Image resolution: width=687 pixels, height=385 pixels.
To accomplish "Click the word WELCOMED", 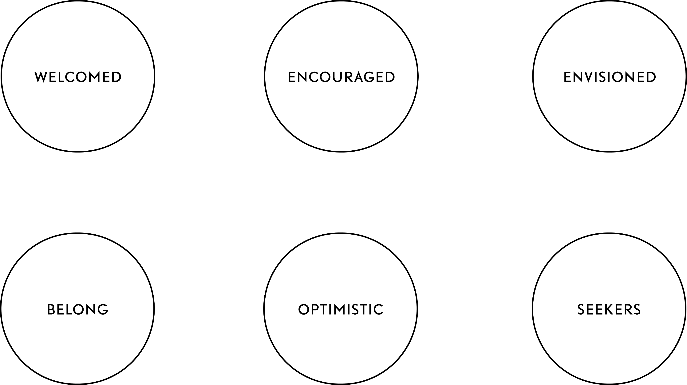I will pyautogui.click(x=78, y=77).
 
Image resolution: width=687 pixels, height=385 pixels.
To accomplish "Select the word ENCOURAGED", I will pyautogui.click(x=341, y=77).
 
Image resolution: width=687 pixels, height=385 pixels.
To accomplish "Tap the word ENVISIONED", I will pyautogui.click(x=610, y=77).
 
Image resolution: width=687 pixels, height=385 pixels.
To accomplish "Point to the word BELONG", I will pyautogui.click(x=78, y=309).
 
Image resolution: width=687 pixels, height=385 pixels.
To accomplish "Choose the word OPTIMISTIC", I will pyautogui.click(x=341, y=309).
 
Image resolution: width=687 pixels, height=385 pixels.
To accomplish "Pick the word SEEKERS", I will pyautogui.click(x=609, y=309).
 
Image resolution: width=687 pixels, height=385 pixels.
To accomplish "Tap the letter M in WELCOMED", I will pyautogui.click(x=94, y=77).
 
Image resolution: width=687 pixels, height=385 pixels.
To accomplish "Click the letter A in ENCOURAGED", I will pyautogui.click(x=360, y=77).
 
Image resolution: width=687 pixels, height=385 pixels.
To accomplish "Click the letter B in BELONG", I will pyautogui.click(x=51, y=309).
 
